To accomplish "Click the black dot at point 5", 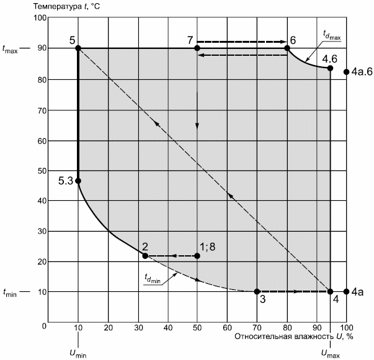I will click(78, 48).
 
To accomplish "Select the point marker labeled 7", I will click(197, 48).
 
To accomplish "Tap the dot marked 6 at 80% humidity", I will click(287, 48).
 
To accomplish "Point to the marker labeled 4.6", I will click(330, 68).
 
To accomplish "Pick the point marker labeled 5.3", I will click(78, 181).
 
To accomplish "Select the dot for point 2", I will click(145, 256).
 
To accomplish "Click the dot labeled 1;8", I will click(197, 256).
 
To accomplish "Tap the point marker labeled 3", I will click(257, 291).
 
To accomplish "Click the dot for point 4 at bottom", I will click(330, 291).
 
